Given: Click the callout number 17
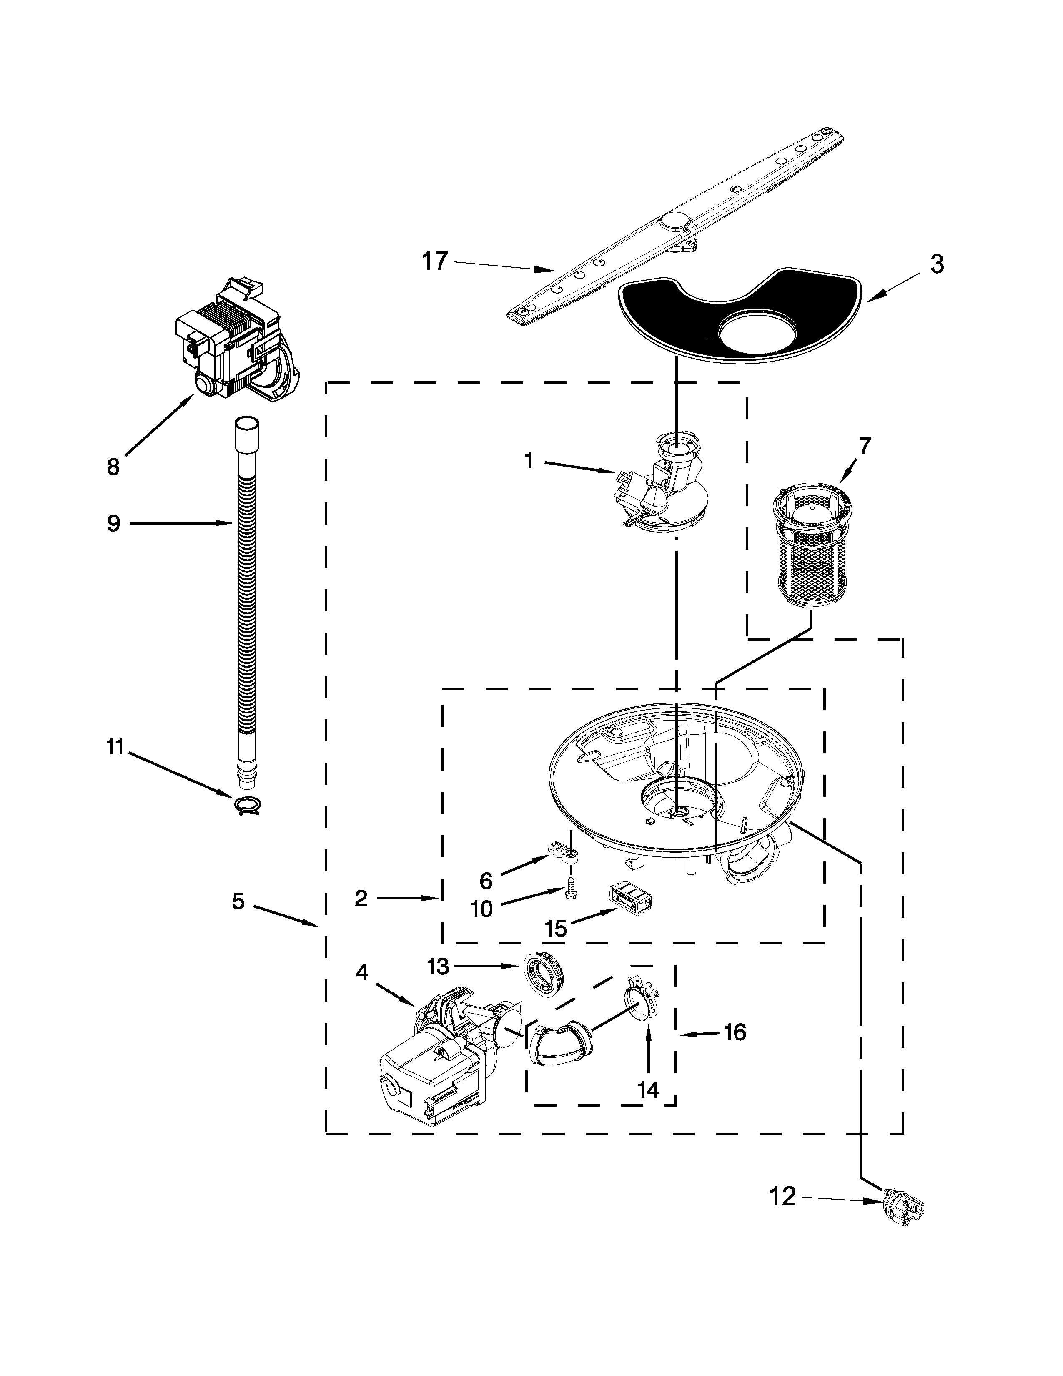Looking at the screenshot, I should coord(434,260).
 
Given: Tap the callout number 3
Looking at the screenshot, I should coord(936,265).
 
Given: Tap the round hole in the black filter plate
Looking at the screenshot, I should coord(759,332).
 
